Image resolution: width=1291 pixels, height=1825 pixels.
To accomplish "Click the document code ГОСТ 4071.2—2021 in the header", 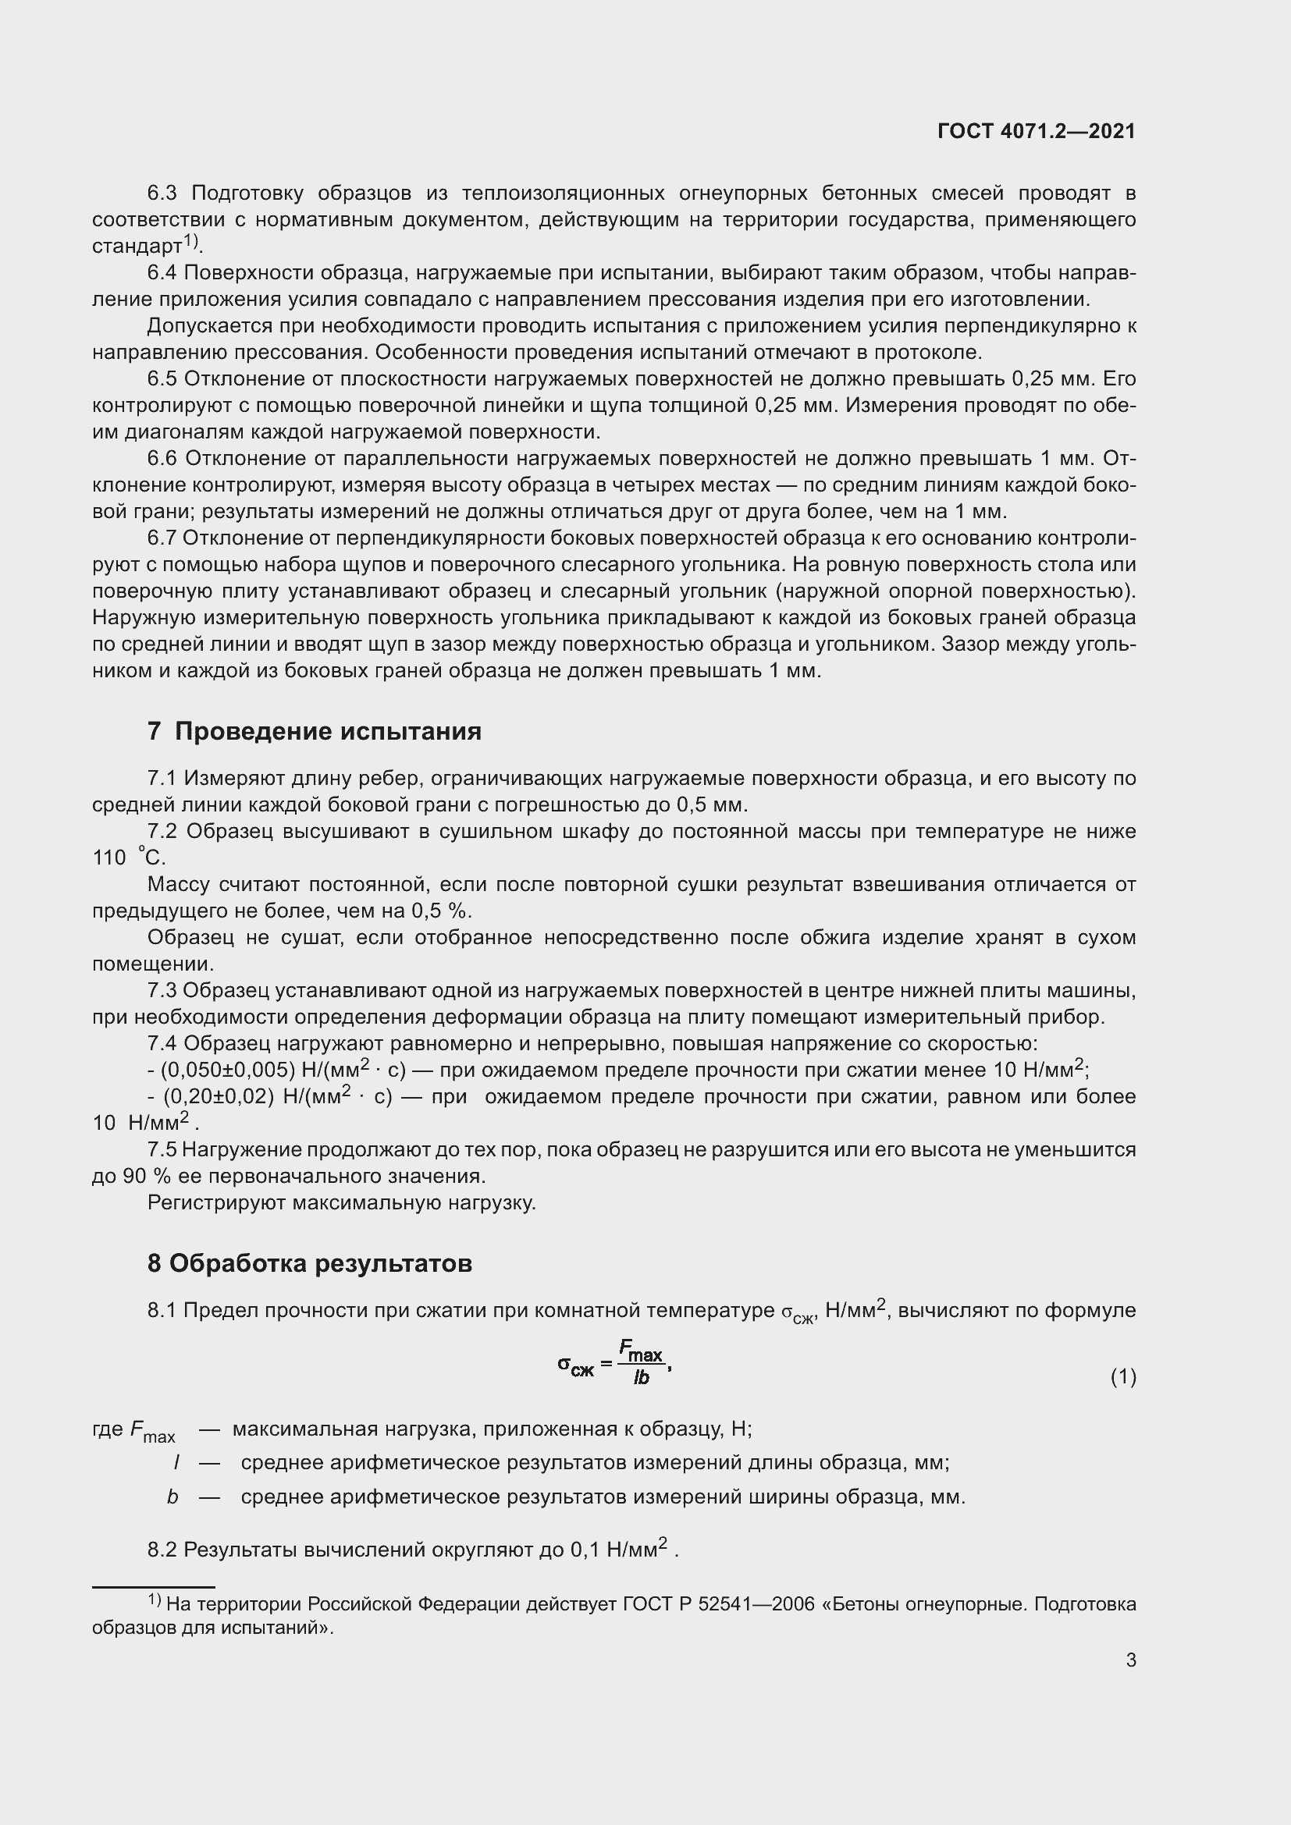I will click(1036, 131).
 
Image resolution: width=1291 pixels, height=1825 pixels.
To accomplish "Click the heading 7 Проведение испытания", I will click(314, 730).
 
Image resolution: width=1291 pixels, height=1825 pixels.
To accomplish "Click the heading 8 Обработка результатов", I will click(309, 1263).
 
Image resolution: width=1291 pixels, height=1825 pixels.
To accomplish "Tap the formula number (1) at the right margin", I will click(1122, 1376).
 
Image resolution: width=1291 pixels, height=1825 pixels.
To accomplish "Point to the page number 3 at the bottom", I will click(1130, 1660).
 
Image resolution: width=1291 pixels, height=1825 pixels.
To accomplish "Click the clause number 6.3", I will click(162, 194).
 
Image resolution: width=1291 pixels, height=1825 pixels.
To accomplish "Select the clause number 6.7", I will click(162, 538).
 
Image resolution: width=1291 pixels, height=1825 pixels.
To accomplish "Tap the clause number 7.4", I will click(162, 1043).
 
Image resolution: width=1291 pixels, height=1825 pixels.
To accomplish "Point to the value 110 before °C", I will click(109, 857).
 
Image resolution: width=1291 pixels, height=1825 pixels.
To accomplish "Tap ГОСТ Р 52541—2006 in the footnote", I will click(719, 1604).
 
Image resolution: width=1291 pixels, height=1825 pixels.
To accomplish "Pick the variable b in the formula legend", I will click(172, 1497).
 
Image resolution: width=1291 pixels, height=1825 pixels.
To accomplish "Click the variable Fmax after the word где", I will click(152, 1431).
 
